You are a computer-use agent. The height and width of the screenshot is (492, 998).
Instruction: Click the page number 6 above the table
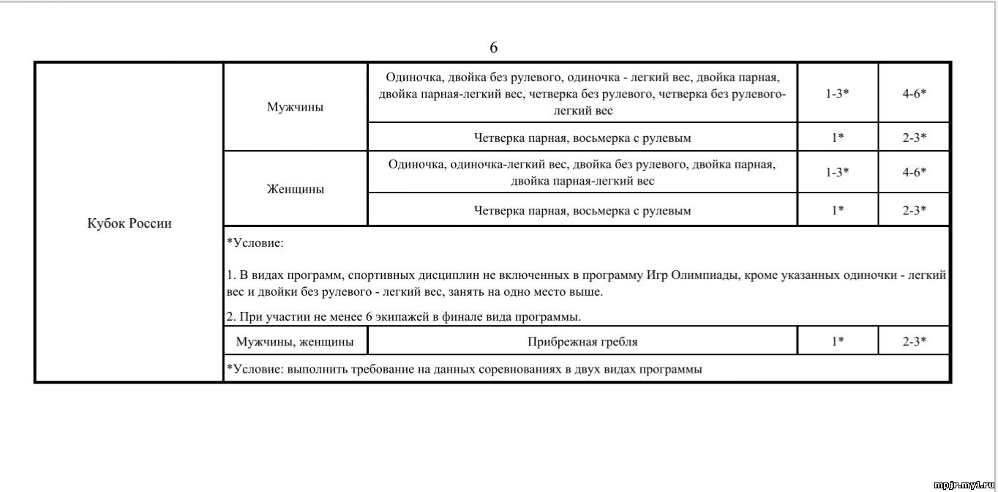pos(494,48)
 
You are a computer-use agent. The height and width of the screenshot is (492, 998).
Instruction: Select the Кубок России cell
pos(130,223)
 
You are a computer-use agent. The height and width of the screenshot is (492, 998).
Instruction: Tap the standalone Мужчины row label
pos(296,107)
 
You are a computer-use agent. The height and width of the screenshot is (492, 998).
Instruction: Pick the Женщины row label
pos(296,189)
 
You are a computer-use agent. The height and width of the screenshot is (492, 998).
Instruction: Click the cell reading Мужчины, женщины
pos(295,341)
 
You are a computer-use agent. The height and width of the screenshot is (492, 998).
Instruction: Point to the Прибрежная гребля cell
pos(582,341)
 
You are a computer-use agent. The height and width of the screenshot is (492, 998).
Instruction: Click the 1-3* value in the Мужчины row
pos(838,94)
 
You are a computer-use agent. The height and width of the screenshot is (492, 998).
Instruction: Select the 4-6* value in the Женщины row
pos(915,172)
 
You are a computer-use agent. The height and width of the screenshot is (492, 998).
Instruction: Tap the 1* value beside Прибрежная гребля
pos(838,341)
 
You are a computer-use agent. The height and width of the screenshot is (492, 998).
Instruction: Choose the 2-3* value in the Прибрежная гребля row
pos(915,341)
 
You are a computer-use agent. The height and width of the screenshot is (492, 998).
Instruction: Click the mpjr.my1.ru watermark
pos(965,485)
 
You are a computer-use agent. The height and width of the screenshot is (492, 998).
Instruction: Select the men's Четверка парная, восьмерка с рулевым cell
pos(582,137)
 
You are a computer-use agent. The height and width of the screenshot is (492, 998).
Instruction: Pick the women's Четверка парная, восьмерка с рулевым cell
pos(582,211)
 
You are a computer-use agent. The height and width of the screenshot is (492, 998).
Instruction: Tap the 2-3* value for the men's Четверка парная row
pos(915,137)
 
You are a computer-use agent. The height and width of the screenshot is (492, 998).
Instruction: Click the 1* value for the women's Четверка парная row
pos(838,211)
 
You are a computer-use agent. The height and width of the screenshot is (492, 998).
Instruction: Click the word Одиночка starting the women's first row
pos(416,164)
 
